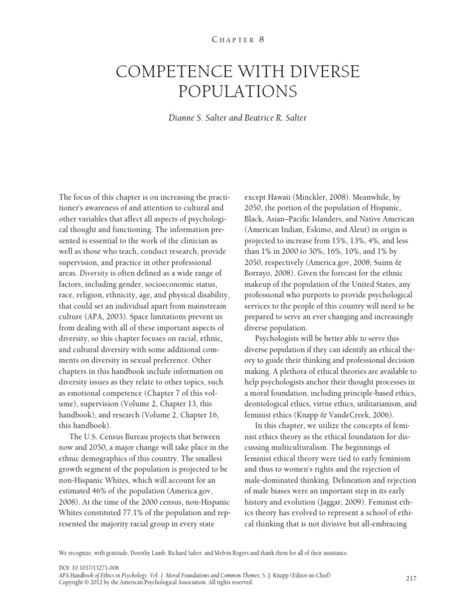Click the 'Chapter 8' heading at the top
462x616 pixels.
pyautogui.click(x=230, y=40)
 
